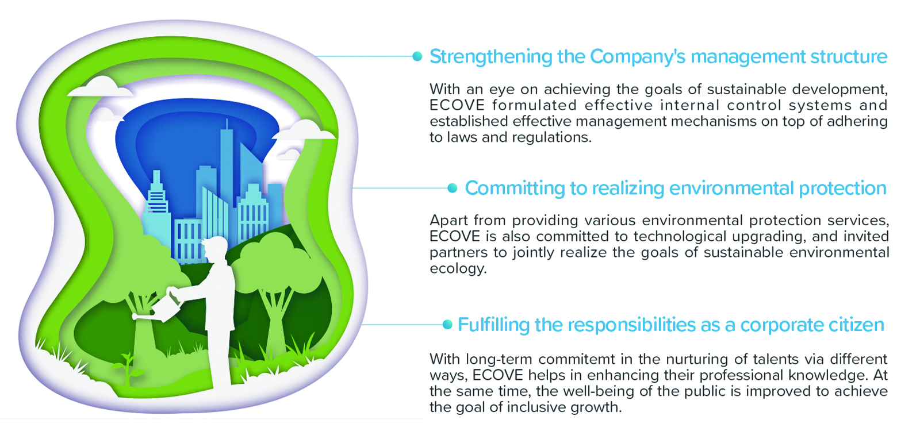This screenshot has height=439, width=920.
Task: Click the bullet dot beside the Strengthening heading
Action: point(417,57)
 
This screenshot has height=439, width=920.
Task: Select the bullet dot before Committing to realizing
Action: point(452,188)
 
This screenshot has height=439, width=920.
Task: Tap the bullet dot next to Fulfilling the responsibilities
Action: point(447,325)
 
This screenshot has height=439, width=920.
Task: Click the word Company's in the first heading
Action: point(638,57)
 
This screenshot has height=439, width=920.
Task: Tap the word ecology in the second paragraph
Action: point(458,269)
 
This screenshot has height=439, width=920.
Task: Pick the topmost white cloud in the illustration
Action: point(101,87)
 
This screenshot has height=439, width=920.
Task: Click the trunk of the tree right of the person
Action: point(275,324)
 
